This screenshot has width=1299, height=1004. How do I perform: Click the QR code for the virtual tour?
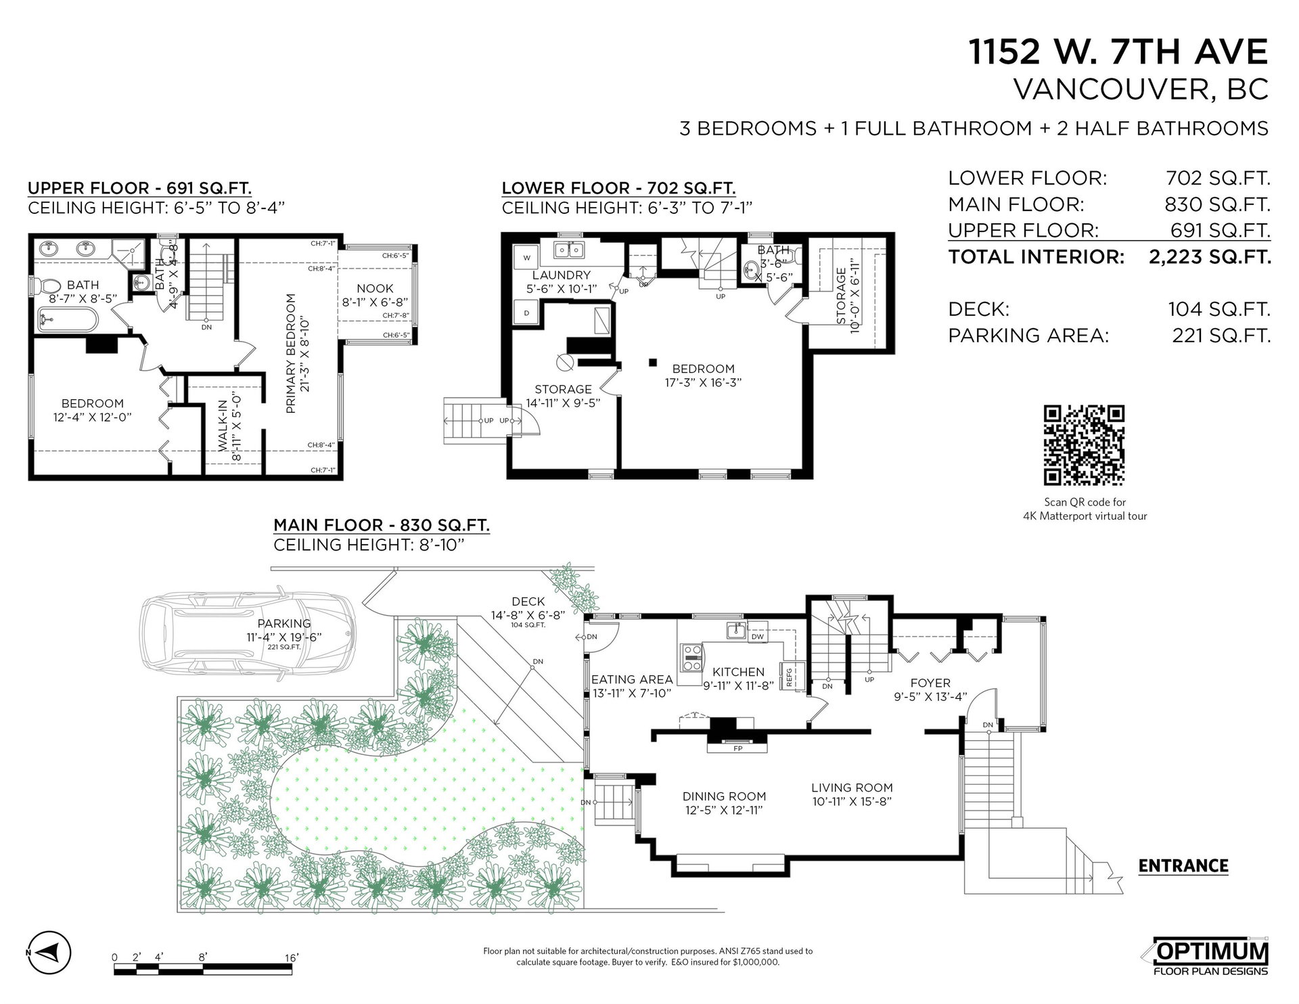pyautogui.click(x=1084, y=445)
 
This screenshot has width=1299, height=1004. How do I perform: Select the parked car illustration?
pyautogui.click(x=248, y=635)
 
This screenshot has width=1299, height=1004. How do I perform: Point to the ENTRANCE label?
pyautogui.click(x=1183, y=866)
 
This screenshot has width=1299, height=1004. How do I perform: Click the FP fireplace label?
pyautogui.click(x=737, y=749)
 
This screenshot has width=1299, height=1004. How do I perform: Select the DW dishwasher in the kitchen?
pyautogui.click(x=757, y=637)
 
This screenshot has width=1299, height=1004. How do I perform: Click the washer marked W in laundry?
pyautogui.click(x=527, y=257)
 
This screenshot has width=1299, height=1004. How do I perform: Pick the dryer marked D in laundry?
pyautogui.click(x=527, y=313)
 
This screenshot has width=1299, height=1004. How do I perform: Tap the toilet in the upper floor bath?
pyautogui.click(x=47, y=286)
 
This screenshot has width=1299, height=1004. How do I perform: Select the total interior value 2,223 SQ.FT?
pyautogui.click(x=1210, y=257)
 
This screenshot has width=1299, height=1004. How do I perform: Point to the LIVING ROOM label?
pyautogui.click(x=852, y=788)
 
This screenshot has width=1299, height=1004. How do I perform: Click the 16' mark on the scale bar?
pyautogui.click(x=292, y=957)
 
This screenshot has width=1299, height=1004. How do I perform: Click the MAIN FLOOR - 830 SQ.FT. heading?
pyautogui.click(x=382, y=525)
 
